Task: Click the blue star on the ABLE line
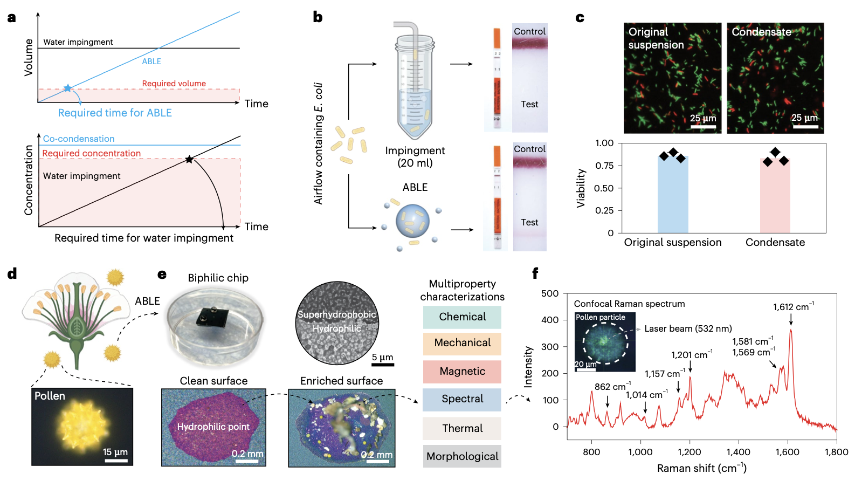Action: (x=67, y=88)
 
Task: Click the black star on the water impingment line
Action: (x=189, y=159)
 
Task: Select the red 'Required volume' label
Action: (x=174, y=84)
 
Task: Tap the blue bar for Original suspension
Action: (x=673, y=194)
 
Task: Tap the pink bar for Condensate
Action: (x=775, y=195)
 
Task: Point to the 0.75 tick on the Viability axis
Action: (x=604, y=166)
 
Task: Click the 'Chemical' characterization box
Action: (x=462, y=317)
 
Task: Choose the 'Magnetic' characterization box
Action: (x=462, y=372)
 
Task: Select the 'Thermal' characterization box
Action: (x=462, y=428)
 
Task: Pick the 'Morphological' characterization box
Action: (x=462, y=456)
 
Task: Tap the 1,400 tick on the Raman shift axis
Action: (x=738, y=452)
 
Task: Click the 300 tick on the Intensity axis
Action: (x=550, y=347)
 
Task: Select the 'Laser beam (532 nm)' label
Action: (x=688, y=328)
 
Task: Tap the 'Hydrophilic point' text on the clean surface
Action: (x=213, y=427)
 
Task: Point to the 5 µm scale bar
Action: (x=383, y=365)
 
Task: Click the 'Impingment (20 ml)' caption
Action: (x=415, y=156)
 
